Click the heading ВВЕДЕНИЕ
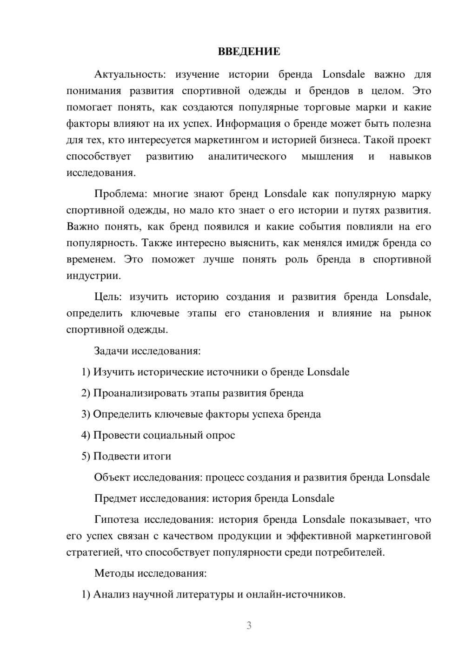click(x=249, y=52)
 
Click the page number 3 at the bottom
click(x=249, y=625)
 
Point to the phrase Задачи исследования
click(x=147, y=351)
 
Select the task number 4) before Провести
click(x=86, y=435)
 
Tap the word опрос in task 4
click(x=220, y=435)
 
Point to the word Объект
click(x=112, y=477)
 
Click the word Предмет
click(x=115, y=499)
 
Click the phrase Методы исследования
click(x=150, y=573)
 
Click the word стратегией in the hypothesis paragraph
click(x=91, y=552)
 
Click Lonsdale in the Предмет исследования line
click(x=313, y=499)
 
